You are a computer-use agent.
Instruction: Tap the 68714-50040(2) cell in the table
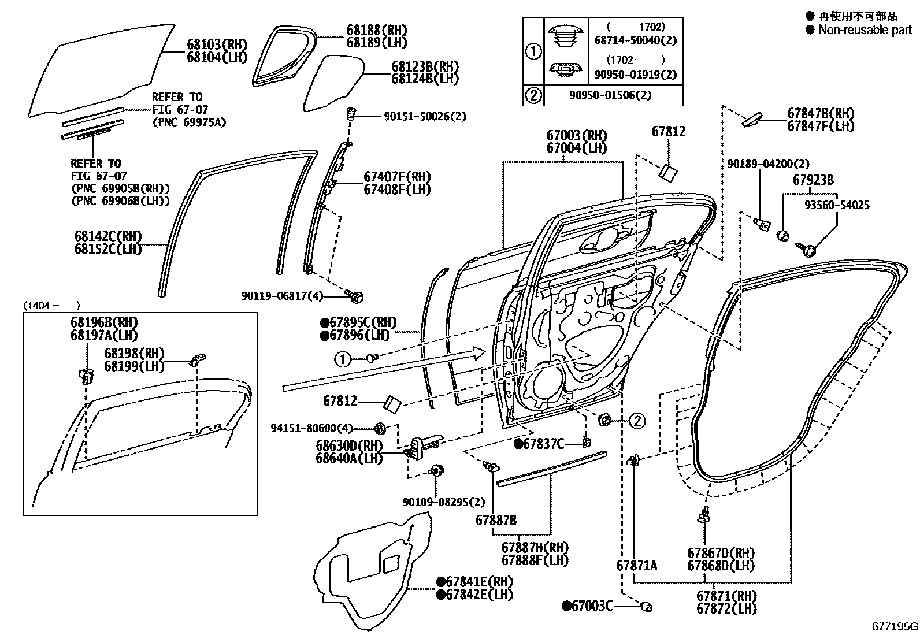(x=635, y=40)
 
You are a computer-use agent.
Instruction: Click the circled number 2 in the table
(x=533, y=95)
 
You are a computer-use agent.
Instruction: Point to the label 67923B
(x=813, y=180)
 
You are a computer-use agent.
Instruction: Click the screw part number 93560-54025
(x=837, y=205)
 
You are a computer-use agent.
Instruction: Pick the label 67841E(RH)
(x=478, y=582)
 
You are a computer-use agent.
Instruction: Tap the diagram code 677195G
(x=895, y=626)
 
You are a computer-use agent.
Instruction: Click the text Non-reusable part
(x=865, y=30)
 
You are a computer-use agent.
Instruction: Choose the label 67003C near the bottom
(x=591, y=606)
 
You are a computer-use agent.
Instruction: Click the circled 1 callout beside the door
(x=343, y=359)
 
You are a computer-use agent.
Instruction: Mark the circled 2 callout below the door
(x=637, y=421)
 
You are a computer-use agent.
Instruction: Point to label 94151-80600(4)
(x=311, y=428)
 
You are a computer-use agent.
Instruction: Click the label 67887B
(x=496, y=520)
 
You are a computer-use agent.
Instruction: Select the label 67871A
(x=636, y=566)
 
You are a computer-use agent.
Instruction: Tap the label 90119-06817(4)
(x=282, y=296)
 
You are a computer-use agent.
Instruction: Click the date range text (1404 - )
(x=51, y=306)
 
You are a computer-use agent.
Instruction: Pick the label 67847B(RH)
(x=821, y=113)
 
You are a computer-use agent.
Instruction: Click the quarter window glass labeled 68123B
(x=332, y=81)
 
